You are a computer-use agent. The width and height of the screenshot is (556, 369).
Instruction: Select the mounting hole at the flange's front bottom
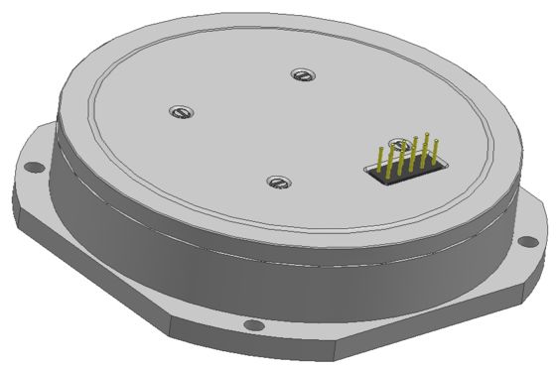253,325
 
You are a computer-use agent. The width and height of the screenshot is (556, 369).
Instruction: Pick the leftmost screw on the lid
179,111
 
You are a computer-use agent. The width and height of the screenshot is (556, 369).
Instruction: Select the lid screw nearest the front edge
277,182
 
